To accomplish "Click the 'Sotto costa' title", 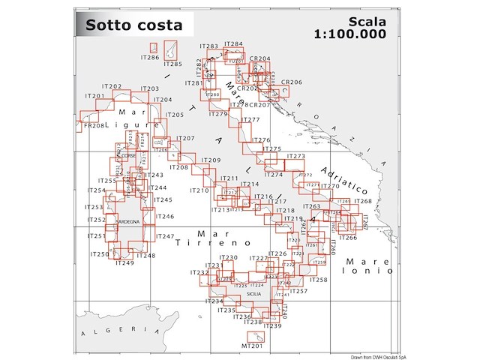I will click(x=126, y=25).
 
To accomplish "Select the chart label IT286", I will click(x=150, y=58).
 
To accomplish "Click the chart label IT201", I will click(x=95, y=97).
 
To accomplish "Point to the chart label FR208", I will click(x=91, y=126).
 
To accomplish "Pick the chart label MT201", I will click(x=252, y=346).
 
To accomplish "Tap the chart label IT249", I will click(x=124, y=263).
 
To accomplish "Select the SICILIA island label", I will click(x=253, y=295).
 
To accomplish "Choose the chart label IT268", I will click(x=361, y=201).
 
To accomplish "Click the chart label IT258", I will click(x=318, y=280).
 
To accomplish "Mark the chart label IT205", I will click(x=174, y=115).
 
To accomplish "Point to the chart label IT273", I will click(x=296, y=157).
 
